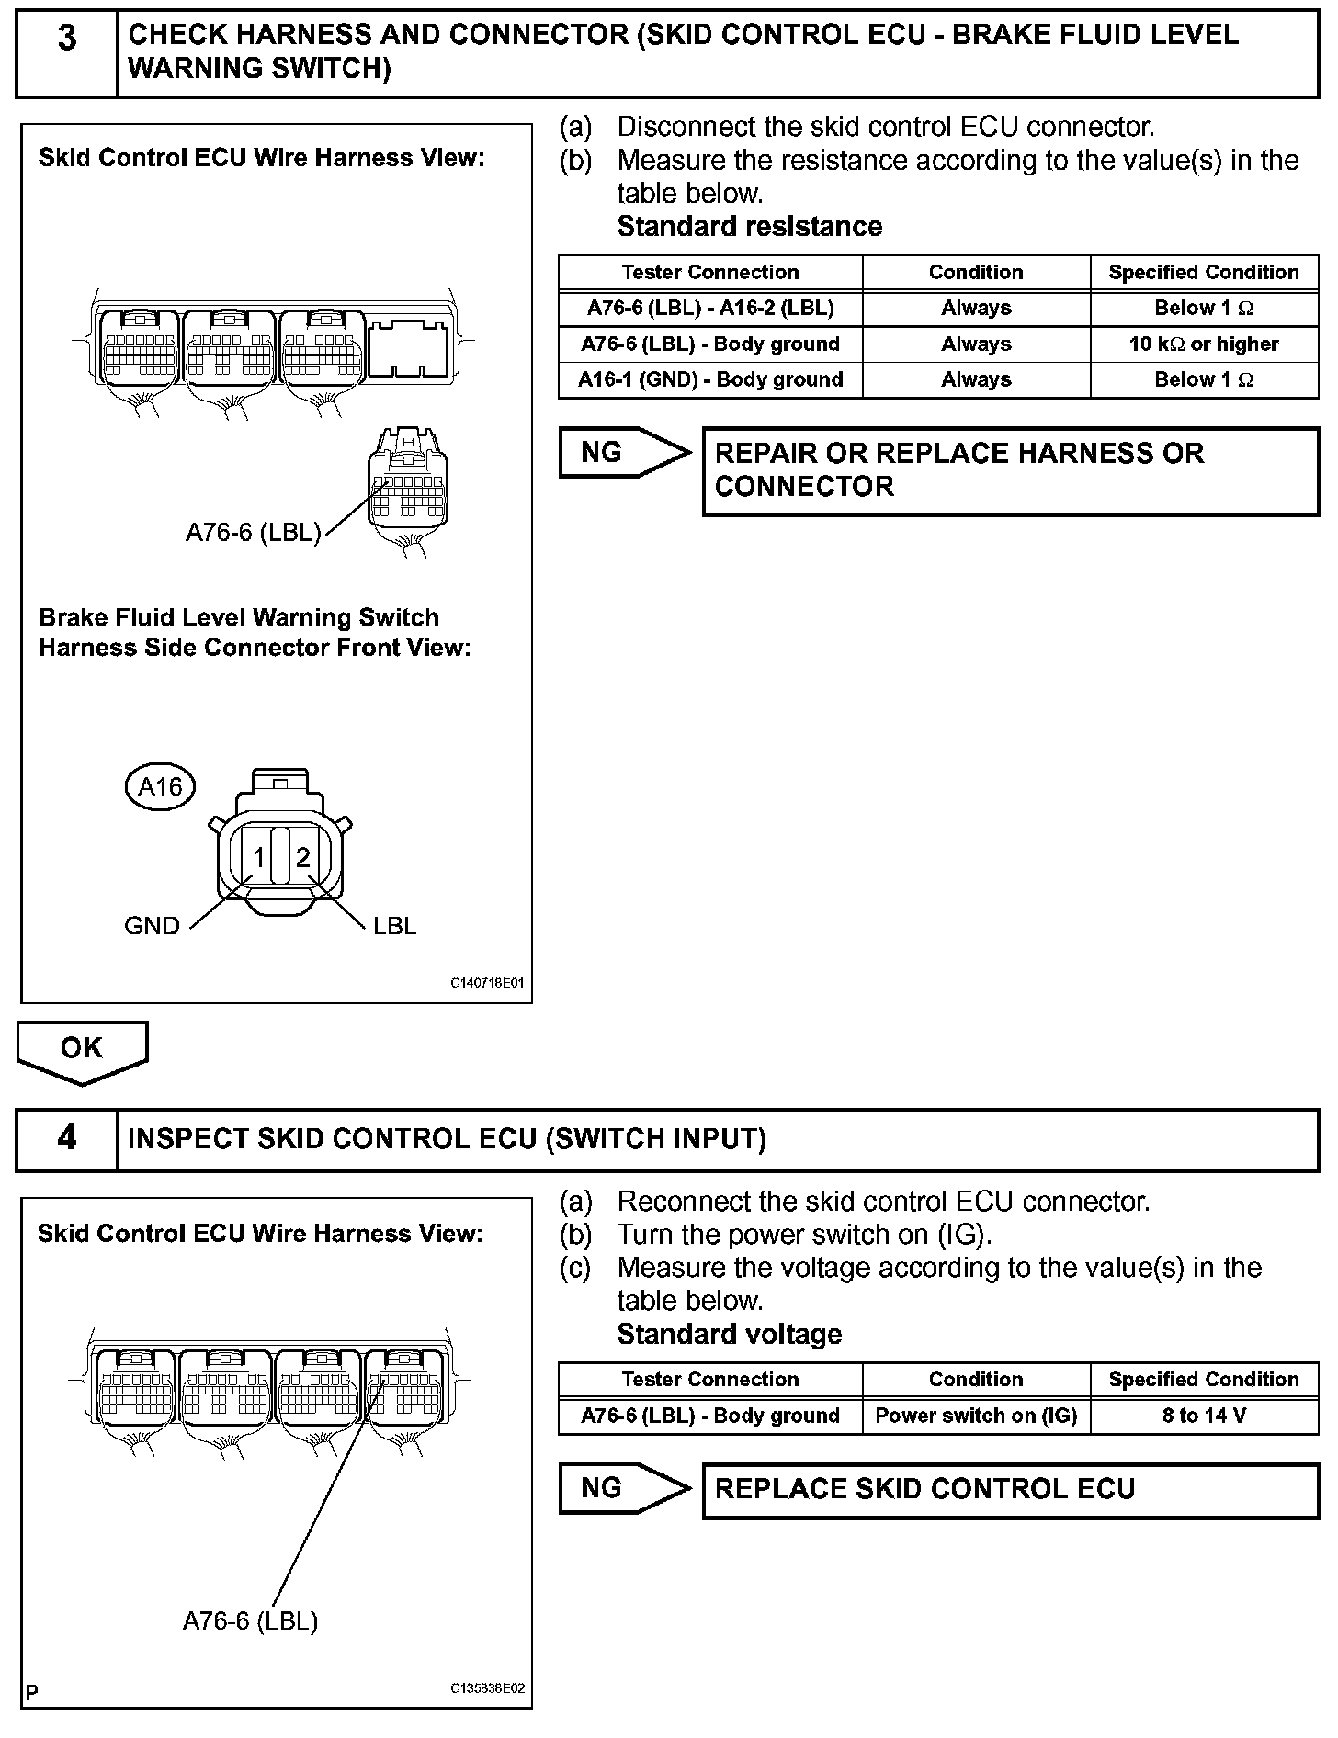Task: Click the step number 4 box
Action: (x=67, y=1139)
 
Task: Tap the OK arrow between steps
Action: (x=81, y=1050)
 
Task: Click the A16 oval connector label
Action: (x=161, y=787)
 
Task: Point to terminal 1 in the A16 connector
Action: (x=259, y=857)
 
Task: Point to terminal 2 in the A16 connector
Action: (x=302, y=857)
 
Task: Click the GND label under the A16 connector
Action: (x=152, y=925)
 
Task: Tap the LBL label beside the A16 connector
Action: (x=394, y=925)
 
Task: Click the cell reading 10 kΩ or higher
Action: (x=1204, y=344)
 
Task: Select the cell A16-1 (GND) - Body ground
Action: (x=710, y=379)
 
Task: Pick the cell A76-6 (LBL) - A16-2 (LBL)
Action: (x=710, y=308)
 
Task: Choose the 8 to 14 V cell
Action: (x=1204, y=1416)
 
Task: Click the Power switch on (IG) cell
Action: (x=976, y=1416)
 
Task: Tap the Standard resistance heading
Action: (x=749, y=227)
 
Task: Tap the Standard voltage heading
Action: (x=729, y=1334)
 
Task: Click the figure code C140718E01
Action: (x=487, y=983)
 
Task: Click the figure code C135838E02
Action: (x=487, y=1688)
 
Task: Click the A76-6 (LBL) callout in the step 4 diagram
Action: (x=250, y=1620)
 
